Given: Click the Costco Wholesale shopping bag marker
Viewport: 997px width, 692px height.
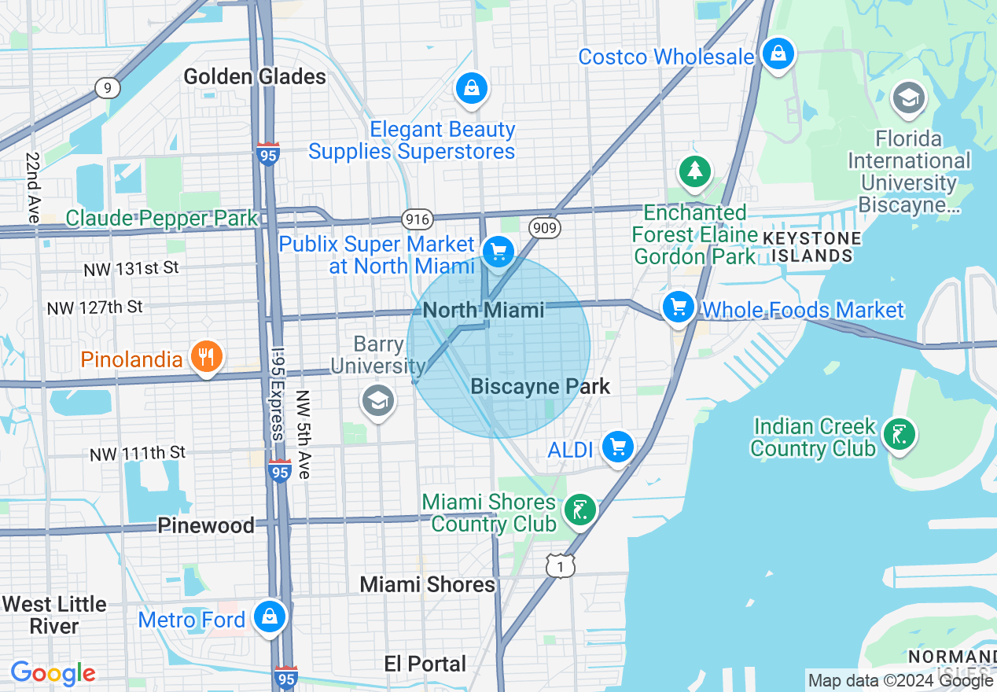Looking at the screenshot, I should coord(778,54).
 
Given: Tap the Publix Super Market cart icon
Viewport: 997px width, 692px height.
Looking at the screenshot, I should coord(497,252).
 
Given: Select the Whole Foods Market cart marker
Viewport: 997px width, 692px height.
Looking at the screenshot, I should coord(678,307).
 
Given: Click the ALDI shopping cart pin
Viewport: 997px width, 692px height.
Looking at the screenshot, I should coord(617,447).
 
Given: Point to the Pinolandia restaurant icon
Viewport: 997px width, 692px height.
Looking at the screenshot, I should coord(206,358).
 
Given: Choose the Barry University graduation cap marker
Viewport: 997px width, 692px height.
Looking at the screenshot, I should coord(377,401).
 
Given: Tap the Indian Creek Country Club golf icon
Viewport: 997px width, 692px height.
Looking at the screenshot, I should coord(898,434).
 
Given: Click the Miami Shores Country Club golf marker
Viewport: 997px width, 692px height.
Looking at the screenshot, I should coord(579,511).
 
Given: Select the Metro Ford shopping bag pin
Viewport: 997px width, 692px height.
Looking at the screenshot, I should coord(270,617).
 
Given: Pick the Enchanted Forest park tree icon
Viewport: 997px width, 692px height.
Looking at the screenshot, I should coord(694,172).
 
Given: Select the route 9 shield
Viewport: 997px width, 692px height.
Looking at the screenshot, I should coord(107,87).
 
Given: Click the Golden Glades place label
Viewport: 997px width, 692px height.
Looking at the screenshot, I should coord(255,76).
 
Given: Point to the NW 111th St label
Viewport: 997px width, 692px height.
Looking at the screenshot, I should coord(138,453).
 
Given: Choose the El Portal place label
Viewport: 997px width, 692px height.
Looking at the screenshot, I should coord(425,664).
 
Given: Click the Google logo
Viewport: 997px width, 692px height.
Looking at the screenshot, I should coord(53,673).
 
